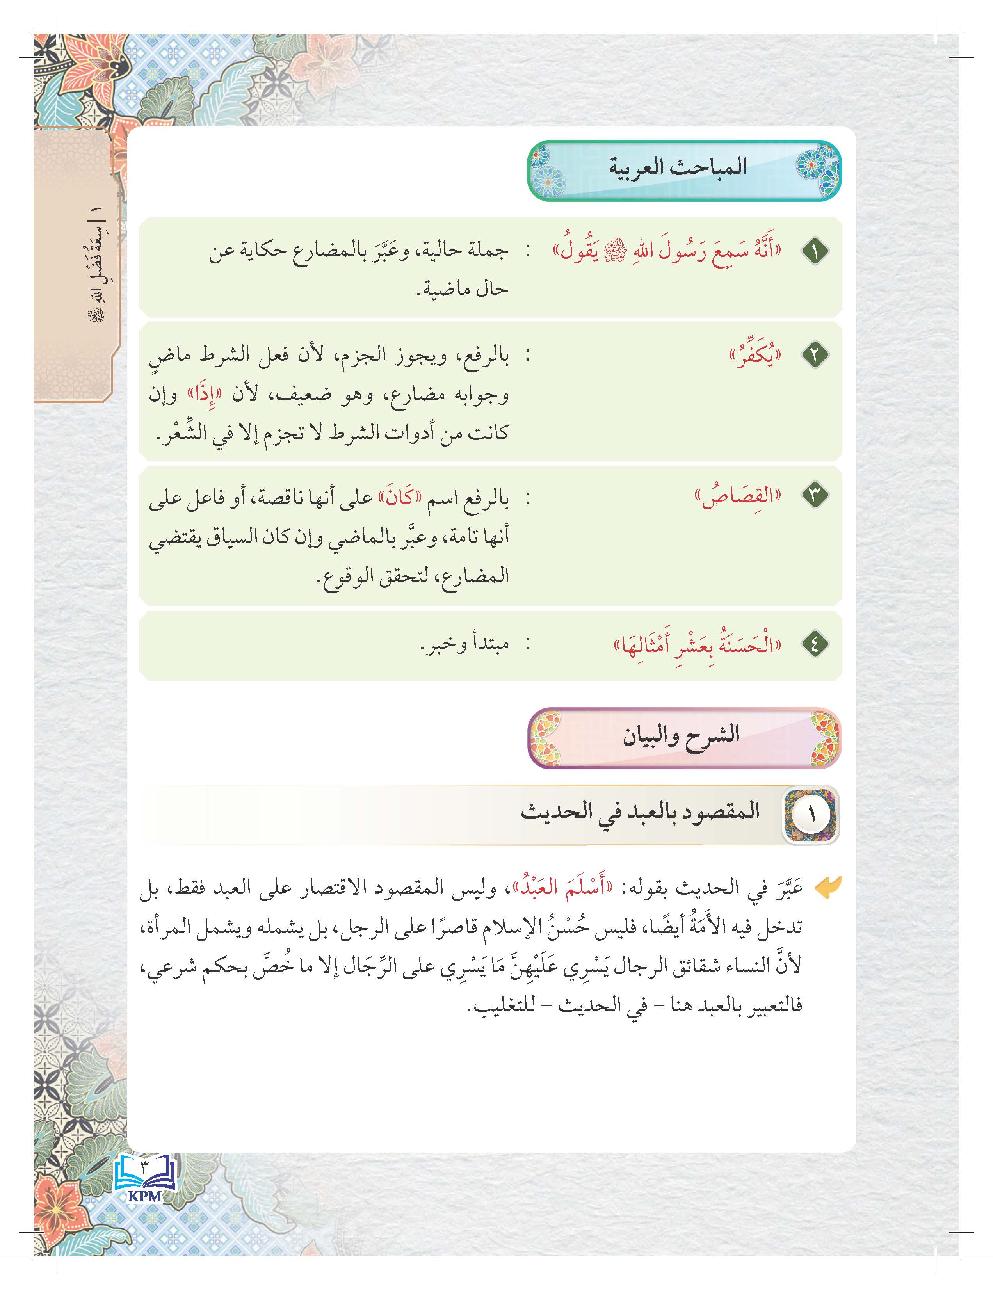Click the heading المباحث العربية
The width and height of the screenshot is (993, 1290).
(678, 167)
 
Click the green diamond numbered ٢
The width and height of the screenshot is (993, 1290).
(815, 355)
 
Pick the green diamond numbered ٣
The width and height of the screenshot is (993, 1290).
(815, 495)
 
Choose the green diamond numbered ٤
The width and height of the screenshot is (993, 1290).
(815, 644)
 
